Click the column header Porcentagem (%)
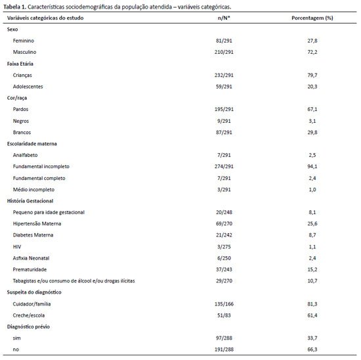[x=312, y=18]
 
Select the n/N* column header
[x=224, y=18]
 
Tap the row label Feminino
[x=24, y=41]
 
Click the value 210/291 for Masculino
[x=224, y=52]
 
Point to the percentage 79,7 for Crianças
[x=312, y=75]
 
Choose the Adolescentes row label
[x=28, y=87]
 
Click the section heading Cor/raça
[x=17, y=98]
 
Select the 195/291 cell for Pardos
[x=224, y=109]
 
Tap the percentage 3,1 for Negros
[x=312, y=121]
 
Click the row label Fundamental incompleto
[x=41, y=166]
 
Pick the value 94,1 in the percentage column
[x=312, y=166]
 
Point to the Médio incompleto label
[x=33, y=190]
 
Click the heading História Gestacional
[x=30, y=201]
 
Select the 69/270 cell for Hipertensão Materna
[x=224, y=223]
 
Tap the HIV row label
[x=17, y=247]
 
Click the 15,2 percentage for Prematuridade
[x=312, y=269]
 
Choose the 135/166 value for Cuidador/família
[x=224, y=304]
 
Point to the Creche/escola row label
[x=29, y=315]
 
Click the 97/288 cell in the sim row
[x=224, y=338]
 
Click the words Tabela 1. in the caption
[x=15, y=7]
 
